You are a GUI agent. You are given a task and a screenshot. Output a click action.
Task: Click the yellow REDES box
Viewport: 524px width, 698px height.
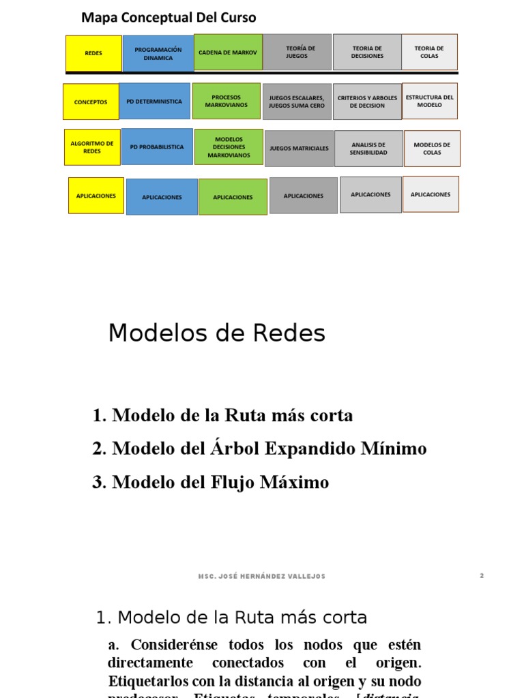click(x=93, y=52)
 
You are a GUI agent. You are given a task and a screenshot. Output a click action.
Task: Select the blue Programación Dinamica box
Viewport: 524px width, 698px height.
click(x=158, y=53)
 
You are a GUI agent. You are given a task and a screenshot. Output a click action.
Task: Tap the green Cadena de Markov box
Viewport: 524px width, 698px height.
click(x=228, y=52)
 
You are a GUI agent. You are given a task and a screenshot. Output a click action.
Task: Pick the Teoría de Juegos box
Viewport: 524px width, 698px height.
click(x=297, y=52)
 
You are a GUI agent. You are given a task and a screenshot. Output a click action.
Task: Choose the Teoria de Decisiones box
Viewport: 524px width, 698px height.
click(x=367, y=52)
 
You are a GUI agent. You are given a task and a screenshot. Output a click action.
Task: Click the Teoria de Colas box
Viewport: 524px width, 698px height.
click(x=429, y=52)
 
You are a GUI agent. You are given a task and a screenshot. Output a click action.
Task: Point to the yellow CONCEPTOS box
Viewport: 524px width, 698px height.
click(x=91, y=102)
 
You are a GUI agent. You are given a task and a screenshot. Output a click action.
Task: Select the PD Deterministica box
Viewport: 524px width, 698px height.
click(x=154, y=102)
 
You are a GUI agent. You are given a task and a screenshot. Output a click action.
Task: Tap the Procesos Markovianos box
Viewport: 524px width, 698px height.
click(x=226, y=101)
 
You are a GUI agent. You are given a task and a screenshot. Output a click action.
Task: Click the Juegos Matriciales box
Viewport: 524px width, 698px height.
click(x=299, y=148)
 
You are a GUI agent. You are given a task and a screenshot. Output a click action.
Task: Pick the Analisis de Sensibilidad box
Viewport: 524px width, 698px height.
click(x=368, y=149)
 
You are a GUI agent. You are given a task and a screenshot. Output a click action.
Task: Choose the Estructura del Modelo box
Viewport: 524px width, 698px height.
click(x=430, y=101)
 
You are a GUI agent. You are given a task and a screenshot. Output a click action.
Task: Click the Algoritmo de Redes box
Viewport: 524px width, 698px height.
click(x=92, y=147)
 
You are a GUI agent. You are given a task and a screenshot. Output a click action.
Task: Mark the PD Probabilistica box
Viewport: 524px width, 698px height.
click(x=157, y=147)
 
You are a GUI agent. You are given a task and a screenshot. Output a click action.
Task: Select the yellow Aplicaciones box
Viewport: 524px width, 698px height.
click(x=96, y=196)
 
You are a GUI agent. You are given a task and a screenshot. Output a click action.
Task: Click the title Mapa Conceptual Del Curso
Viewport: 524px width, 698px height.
click(x=169, y=17)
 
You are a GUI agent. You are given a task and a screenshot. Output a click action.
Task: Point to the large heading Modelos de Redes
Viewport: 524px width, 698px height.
click(x=217, y=333)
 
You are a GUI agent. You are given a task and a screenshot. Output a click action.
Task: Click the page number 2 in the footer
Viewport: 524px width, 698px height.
click(x=482, y=576)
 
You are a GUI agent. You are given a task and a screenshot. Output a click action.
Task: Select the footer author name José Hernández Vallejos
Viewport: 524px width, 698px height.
click(x=262, y=577)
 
